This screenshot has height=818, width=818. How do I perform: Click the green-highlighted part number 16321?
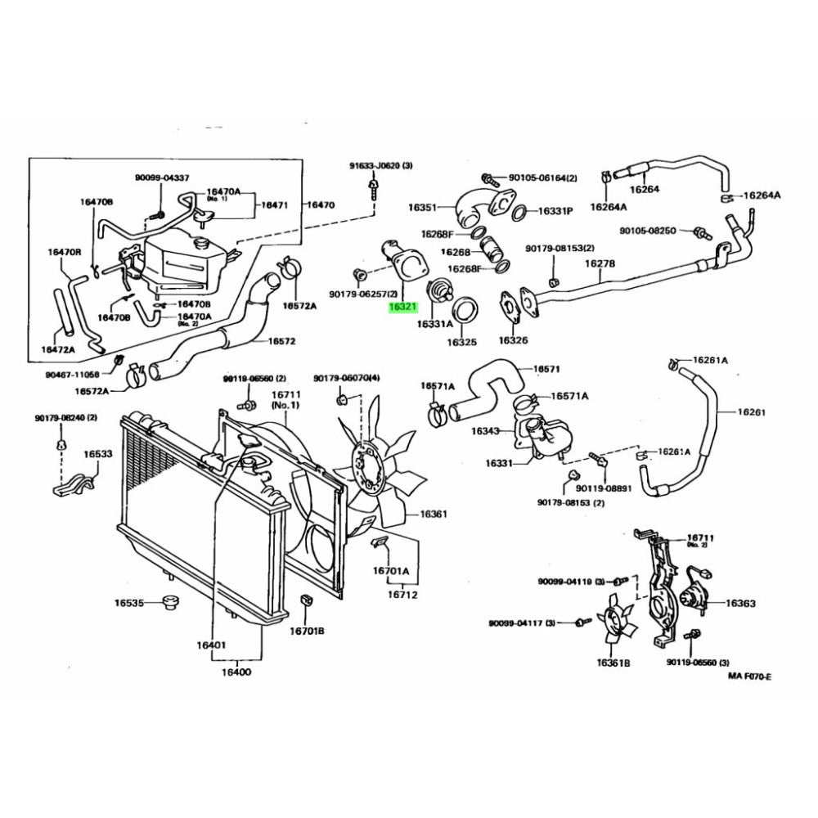pos(403,308)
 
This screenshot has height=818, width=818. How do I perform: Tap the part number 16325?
pos(461,342)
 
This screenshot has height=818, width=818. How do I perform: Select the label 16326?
pos(513,339)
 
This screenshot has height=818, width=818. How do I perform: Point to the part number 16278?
pos(600,264)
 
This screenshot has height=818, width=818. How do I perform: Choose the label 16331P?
pos(555,211)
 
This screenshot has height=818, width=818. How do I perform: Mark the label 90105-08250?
pos(648,231)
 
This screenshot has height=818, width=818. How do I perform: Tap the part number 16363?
pos(739,604)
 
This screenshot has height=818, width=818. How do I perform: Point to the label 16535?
pos(128,603)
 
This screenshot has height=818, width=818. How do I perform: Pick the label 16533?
pos(97,452)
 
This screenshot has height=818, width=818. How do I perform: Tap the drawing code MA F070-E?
pos(749,676)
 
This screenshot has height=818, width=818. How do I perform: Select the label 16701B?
pos(308,631)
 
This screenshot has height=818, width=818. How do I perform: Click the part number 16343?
pos(485,430)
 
